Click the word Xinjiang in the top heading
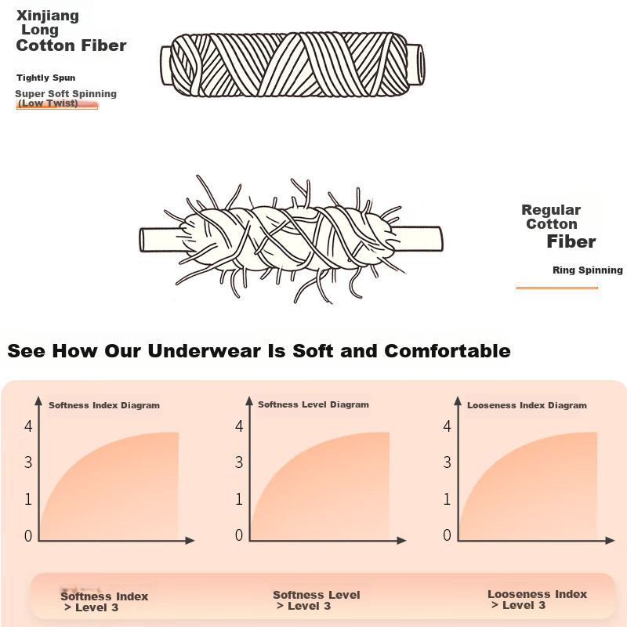48,16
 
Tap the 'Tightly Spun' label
46,78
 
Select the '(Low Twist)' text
48,103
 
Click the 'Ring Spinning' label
587,270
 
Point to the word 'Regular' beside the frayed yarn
551,210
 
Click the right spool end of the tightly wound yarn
416,64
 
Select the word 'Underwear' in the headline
205,351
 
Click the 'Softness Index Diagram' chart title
104,405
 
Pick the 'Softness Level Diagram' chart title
313,404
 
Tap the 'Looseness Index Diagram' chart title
527,405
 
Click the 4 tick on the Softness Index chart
28,426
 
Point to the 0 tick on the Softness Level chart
239,535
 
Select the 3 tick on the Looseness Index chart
447,462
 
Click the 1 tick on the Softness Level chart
239,499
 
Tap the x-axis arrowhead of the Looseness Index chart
611,541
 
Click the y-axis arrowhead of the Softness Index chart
38,401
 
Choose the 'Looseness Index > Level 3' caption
537,600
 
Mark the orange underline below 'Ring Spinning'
557,288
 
